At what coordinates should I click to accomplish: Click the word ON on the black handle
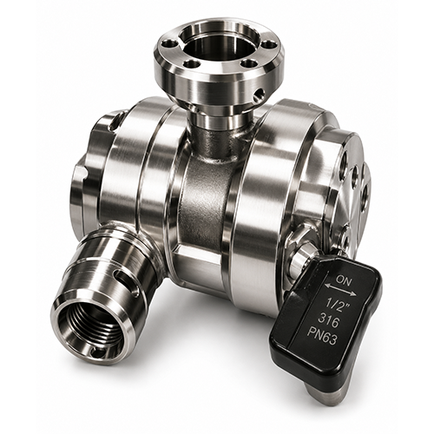341,279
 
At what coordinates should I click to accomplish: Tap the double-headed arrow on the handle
340,290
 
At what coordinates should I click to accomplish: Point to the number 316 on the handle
329,321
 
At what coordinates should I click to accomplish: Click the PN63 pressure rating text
323,339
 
